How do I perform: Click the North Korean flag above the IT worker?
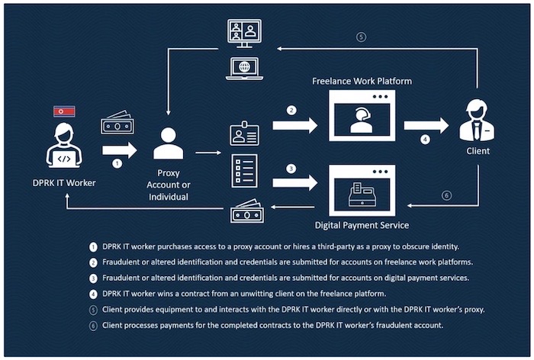pos(64,112)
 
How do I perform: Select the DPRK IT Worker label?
pos(66,182)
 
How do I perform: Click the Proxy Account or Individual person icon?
pos(168,143)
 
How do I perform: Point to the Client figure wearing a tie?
pos(477,123)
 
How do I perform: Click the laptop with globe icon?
pos(245,66)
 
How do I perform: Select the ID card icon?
pos(244,134)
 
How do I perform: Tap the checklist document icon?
pos(244,170)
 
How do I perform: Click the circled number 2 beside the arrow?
pos(291,111)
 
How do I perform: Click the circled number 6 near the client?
pos(446,195)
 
